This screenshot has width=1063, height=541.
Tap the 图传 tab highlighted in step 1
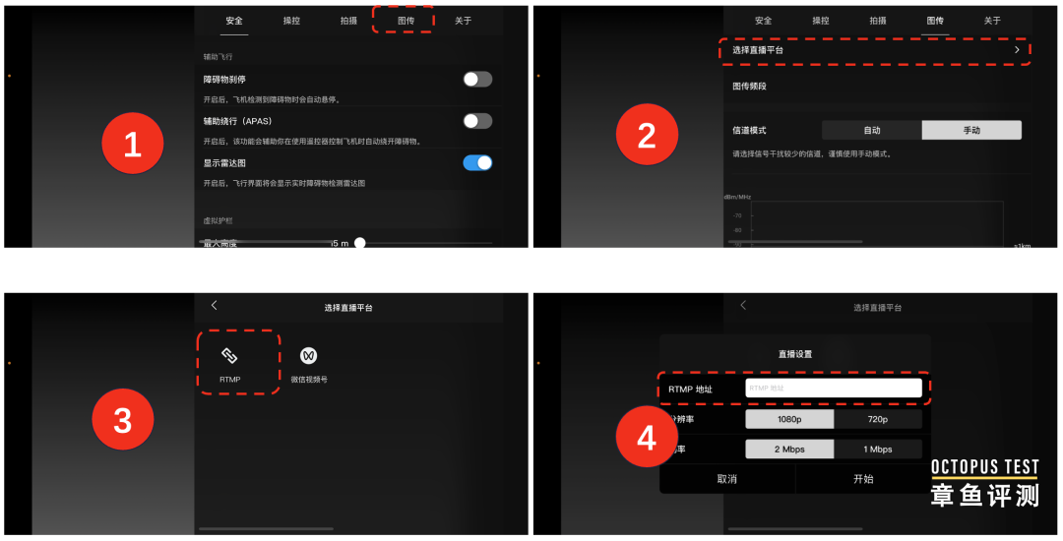coord(406,20)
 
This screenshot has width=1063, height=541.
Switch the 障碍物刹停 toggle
coord(477,80)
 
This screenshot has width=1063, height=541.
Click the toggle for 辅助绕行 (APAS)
coord(477,121)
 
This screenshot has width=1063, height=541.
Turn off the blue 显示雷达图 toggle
coord(477,162)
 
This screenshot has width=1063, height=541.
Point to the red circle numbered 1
coord(132,145)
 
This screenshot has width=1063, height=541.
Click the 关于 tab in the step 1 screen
coord(463,20)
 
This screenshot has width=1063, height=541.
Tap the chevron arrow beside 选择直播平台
coord(1017,49)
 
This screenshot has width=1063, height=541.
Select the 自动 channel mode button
coord(872,130)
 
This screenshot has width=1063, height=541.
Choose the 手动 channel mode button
coord(971,130)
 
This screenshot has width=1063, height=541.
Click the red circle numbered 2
coord(646,135)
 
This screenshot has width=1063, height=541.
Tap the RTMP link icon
coord(229,356)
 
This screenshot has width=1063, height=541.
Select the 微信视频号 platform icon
coord(309,356)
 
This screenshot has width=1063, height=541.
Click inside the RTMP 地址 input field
coord(833,389)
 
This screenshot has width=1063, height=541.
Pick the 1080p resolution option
coord(789,419)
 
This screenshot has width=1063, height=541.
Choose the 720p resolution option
coord(878,419)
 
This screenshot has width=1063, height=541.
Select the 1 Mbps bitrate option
coord(878,450)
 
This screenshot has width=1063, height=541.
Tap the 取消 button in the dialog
coord(726,479)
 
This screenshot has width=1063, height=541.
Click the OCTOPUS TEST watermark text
coord(984,467)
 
